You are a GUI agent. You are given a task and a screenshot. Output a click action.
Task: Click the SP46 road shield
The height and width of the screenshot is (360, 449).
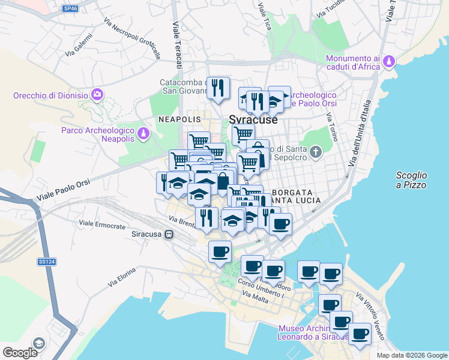[70, 8]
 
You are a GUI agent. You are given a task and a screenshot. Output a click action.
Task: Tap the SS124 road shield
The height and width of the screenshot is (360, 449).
[46, 262]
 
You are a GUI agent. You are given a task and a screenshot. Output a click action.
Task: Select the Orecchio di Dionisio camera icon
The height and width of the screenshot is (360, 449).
[97, 94]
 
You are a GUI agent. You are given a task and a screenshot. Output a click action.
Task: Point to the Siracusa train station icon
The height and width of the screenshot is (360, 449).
[170, 234]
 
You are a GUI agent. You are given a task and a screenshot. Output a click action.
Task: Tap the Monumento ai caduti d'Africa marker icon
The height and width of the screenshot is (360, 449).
[390, 61]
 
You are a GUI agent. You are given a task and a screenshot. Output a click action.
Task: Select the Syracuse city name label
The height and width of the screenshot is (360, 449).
[253, 119]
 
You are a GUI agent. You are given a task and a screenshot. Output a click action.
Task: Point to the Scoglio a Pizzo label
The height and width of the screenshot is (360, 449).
[411, 180]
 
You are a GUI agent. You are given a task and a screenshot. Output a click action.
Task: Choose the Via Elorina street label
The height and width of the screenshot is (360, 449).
[122, 277]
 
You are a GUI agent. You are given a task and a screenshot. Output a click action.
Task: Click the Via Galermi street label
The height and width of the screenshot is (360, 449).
[79, 46]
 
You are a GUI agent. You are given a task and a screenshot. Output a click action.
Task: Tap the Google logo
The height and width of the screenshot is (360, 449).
[20, 353]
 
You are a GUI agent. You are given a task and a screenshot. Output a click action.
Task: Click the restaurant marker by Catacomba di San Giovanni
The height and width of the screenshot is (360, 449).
[218, 88]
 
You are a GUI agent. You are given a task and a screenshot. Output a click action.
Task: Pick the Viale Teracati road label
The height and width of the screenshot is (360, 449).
[178, 45]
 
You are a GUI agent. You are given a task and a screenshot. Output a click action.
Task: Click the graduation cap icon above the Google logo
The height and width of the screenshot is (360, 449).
[38, 343]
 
